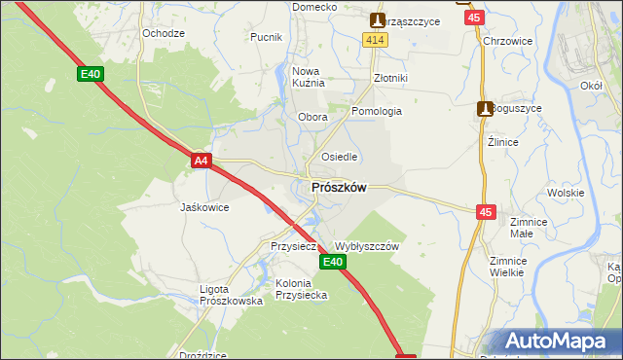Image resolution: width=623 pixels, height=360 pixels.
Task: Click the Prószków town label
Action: [338, 188]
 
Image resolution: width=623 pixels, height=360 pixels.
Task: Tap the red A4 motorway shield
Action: [201, 161]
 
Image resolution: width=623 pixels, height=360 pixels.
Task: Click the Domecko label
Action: [314, 7]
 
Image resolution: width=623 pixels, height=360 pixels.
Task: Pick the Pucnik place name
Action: [266, 38]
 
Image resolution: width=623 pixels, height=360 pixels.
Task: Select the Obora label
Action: [311, 118]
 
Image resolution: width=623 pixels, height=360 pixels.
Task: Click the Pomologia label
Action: [377, 111]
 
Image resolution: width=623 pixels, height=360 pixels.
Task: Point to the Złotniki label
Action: [390, 78]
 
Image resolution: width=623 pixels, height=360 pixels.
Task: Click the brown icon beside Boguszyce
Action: [484, 110]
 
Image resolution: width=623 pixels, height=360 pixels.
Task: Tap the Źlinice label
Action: [502, 142]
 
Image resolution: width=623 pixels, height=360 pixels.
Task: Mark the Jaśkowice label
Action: [204, 207]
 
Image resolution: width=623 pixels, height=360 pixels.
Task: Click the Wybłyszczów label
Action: [367, 247]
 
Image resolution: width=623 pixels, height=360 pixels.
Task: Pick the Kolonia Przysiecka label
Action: [300, 290]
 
